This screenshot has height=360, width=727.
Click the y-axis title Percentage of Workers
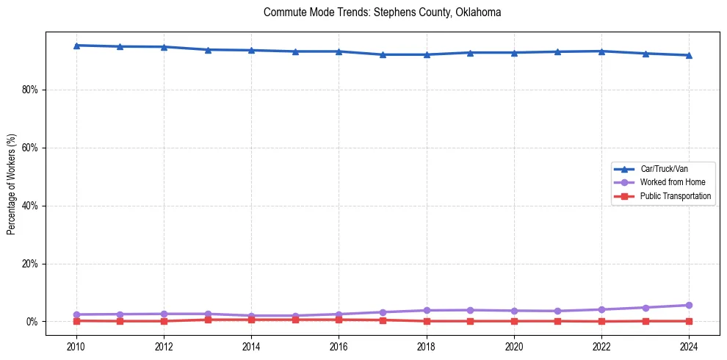[11, 184]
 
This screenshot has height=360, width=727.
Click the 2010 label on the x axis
[76, 346]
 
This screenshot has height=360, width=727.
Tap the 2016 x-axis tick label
[339, 346]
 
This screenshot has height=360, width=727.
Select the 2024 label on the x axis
[689, 346]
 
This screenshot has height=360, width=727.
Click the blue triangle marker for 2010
[76, 46]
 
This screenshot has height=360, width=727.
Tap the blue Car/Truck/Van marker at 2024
[689, 55]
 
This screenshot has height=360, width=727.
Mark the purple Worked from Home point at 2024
[689, 305]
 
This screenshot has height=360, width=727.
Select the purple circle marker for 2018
[427, 310]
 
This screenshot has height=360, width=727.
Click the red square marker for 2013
[208, 320]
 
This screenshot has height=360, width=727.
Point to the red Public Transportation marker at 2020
[514, 321]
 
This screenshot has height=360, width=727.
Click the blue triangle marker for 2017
[383, 54]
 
